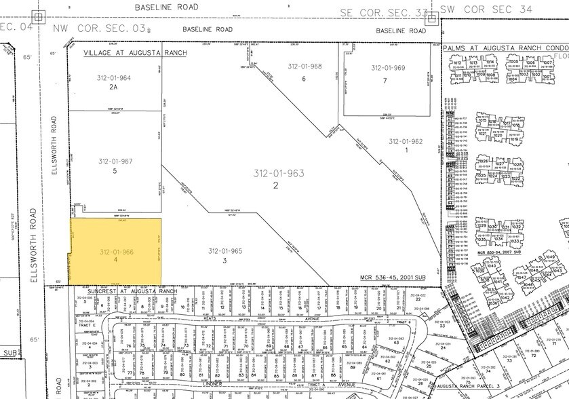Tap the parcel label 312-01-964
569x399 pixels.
(114, 78)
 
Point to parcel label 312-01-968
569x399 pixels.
(305, 66)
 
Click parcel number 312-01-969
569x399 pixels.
(388, 68)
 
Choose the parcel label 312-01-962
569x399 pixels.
(406, 141)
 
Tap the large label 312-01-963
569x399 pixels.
(275, 173)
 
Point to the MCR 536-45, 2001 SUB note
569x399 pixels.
(393, 278)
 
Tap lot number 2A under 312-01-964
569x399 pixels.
(113, 88)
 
